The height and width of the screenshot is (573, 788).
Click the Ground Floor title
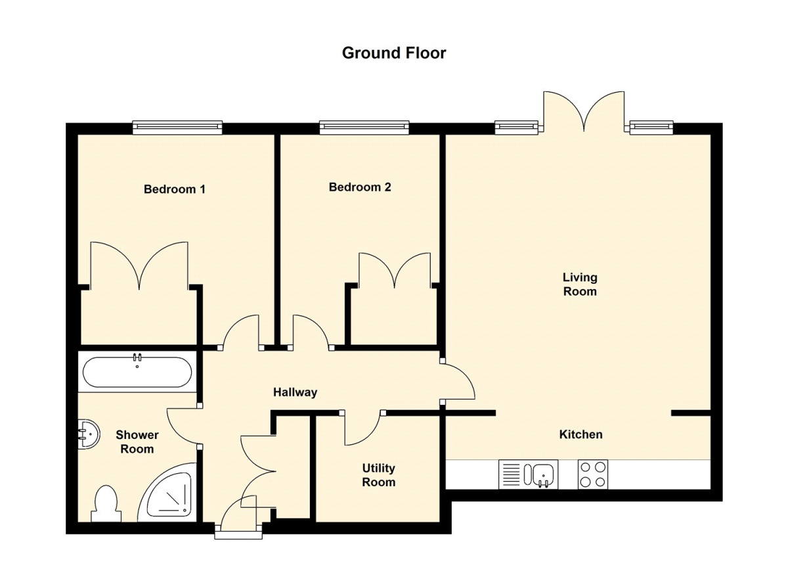click(x=394, y=53)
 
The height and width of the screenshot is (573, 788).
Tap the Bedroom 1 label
click(x=175, y=189)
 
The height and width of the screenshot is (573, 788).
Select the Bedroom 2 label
click(x=360, y=187)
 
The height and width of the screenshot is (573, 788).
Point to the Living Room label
click(x=580, y=285)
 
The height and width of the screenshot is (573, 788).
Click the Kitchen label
click(x=580, y=434)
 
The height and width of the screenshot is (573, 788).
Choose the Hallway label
click(x=295, y=392)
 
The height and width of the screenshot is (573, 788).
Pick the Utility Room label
click(x=379, y=475)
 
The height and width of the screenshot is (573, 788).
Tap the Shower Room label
click(x=137, y=442)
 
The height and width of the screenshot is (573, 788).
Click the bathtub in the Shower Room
click(x=137, y=372)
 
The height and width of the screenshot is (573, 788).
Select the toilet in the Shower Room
click(x=106, y=504)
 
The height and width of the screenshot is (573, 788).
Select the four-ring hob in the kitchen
click(x=593, y=474)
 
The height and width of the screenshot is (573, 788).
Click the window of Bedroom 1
click(x=177, y=127)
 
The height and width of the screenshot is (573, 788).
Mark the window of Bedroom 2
click(x=364, y=127)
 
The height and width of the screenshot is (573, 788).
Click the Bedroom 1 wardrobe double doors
click(x=139, y=266)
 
